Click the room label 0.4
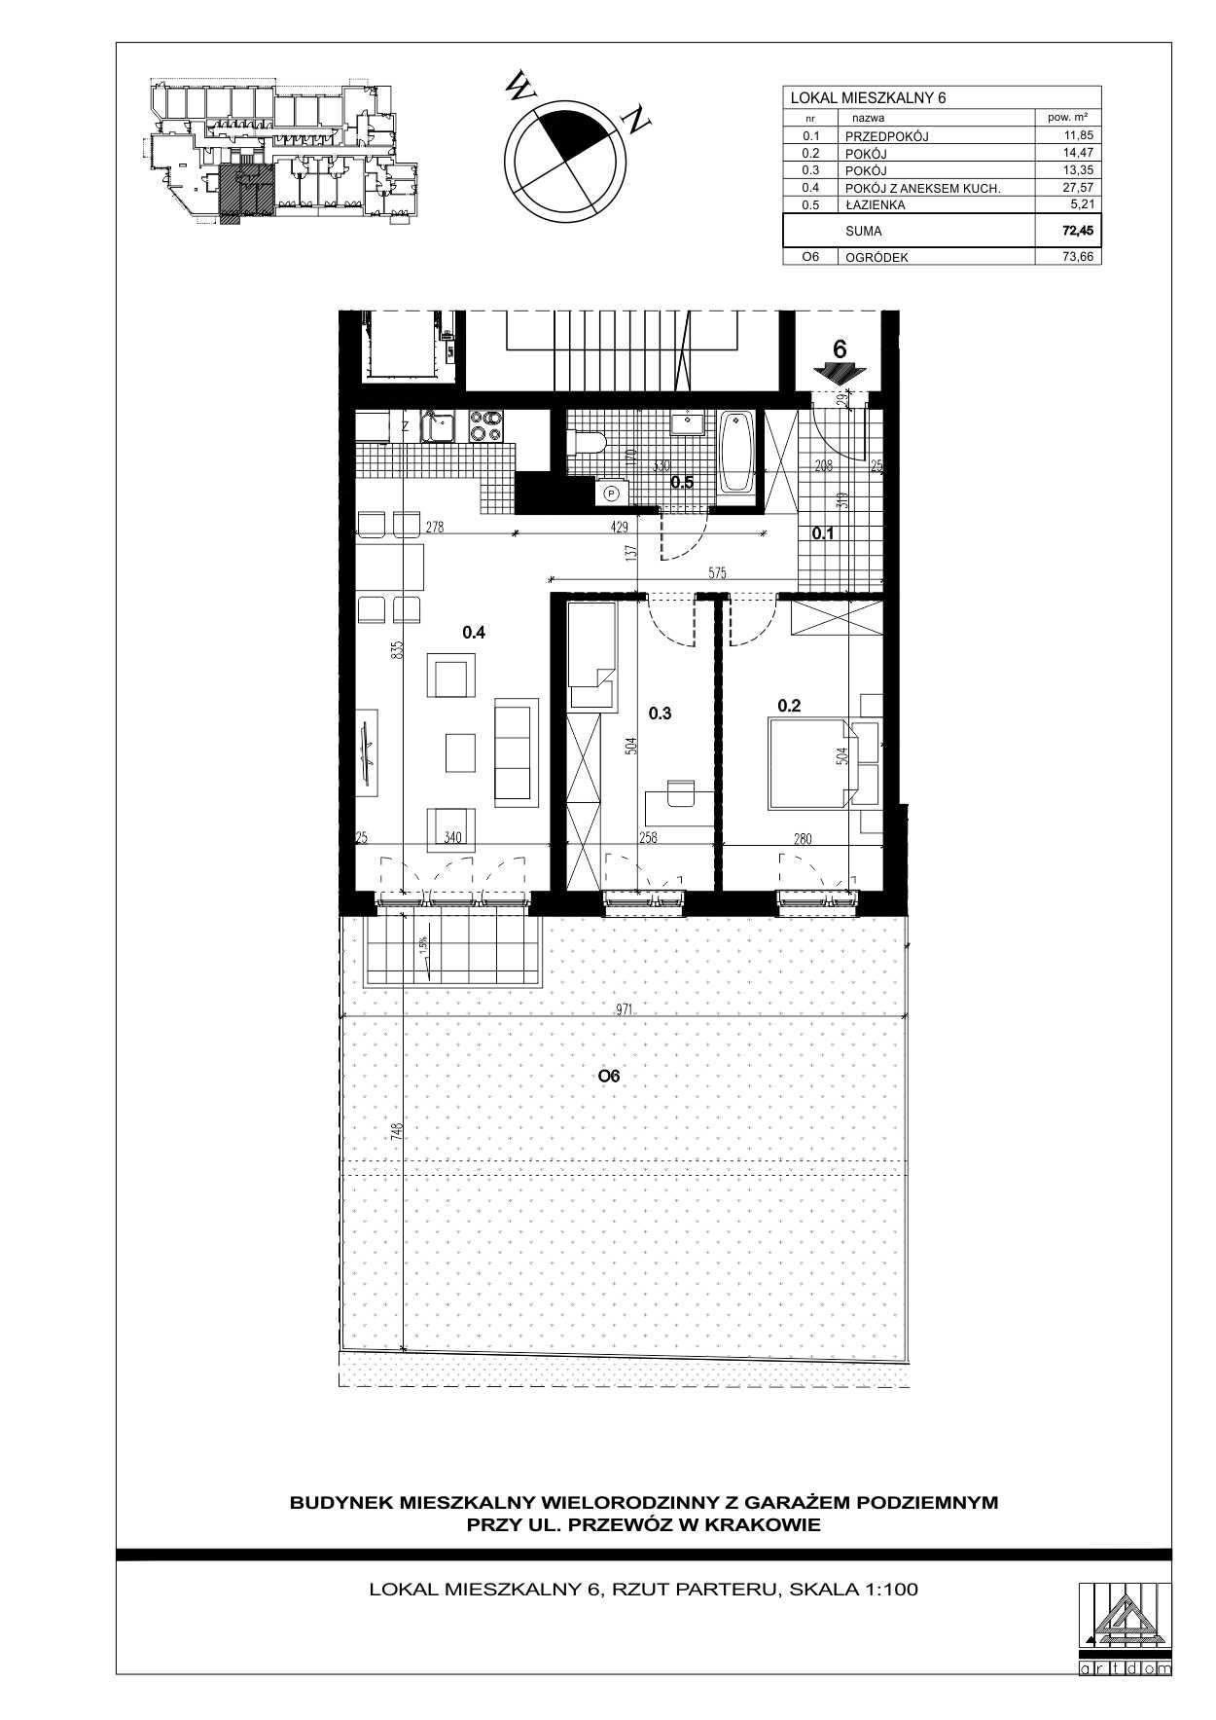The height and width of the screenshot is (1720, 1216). (x=474, y=632)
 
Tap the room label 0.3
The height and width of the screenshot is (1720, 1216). (x=660, y=714)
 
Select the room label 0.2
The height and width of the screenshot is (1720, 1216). (x=788, y=706)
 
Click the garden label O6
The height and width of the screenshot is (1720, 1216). (x=609, y=1076)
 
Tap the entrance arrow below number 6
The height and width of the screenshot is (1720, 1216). (x=839, y=374)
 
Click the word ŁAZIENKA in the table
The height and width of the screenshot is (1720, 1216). (x=876, y=205)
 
